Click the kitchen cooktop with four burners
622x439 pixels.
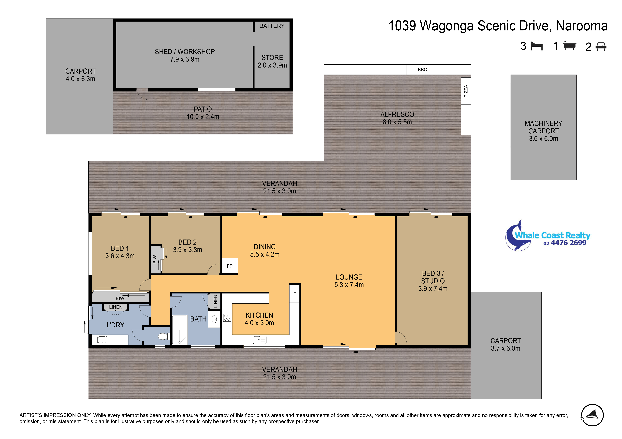(227, 317)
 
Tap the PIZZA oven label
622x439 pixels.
(466, 91)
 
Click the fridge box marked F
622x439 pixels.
(295, 294)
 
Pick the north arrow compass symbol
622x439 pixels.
(592, 415)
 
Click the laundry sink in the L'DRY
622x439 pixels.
(102, 339)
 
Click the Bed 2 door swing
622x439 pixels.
(213, 270)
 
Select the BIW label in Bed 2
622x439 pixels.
(155, 259)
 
